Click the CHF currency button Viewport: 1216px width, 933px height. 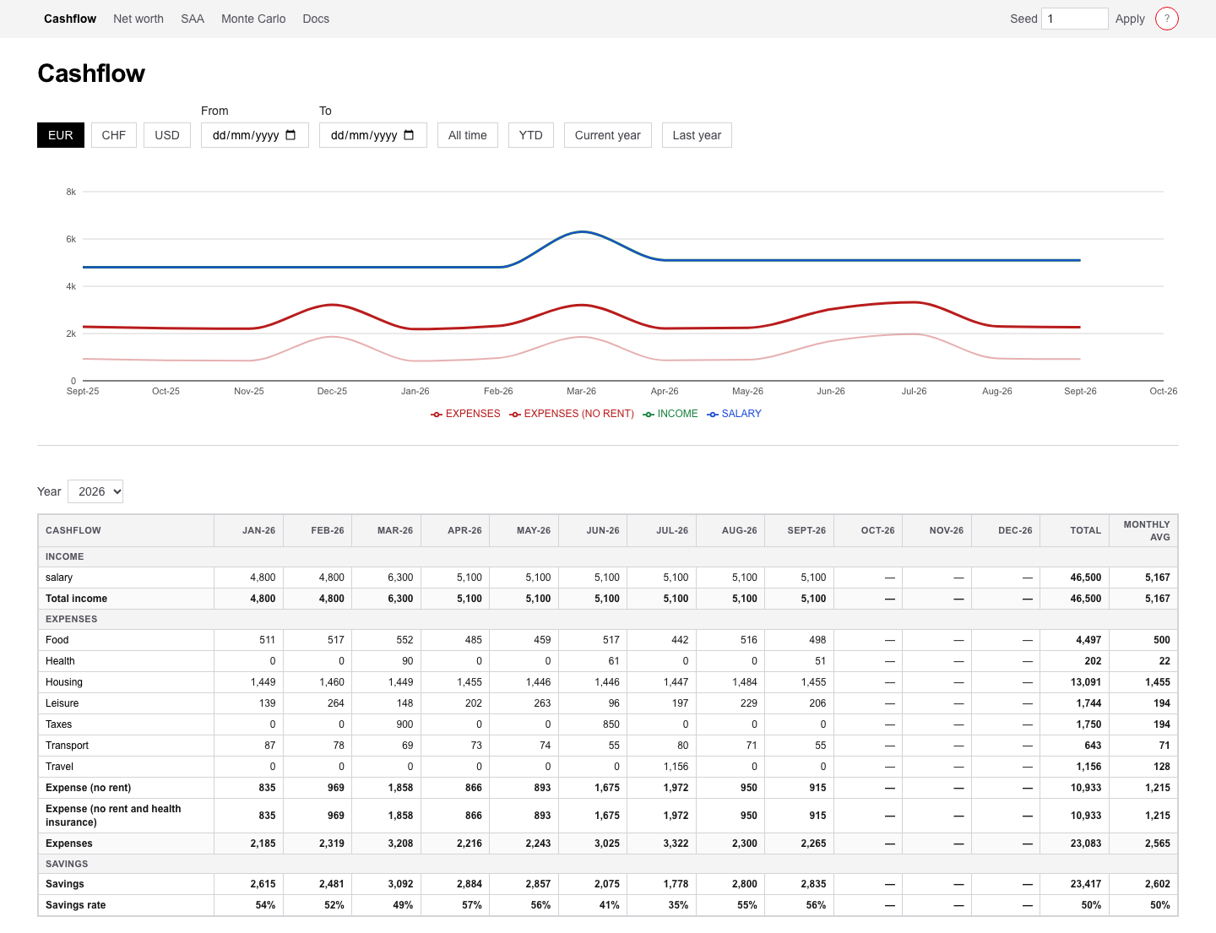pos(114,135)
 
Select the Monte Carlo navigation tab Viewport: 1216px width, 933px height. pos(253,19)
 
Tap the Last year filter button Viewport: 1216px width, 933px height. pos(697,135)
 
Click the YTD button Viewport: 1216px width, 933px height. pos(530,135)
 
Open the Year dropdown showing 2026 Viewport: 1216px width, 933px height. pos(95,491)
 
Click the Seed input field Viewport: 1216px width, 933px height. pos(1074,19)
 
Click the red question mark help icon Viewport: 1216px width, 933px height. pos(1167,19)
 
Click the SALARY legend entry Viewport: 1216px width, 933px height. pos(734,414)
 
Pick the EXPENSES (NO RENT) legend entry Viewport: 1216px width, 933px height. pos(572,414)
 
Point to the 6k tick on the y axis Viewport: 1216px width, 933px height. pos(71,240)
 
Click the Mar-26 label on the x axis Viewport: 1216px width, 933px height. pos(582,392)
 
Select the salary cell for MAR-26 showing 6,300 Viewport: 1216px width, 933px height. pos(387,578)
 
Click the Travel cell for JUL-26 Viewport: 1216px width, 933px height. pos(662,767)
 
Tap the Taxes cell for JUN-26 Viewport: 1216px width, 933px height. pos(593,724)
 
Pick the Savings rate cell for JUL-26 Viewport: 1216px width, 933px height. pos(662,906)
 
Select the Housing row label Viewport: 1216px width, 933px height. pos(64,682)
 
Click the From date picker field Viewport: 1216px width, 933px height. pos(255,135)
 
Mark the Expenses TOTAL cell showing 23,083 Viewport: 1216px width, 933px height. pos(1075,843)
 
